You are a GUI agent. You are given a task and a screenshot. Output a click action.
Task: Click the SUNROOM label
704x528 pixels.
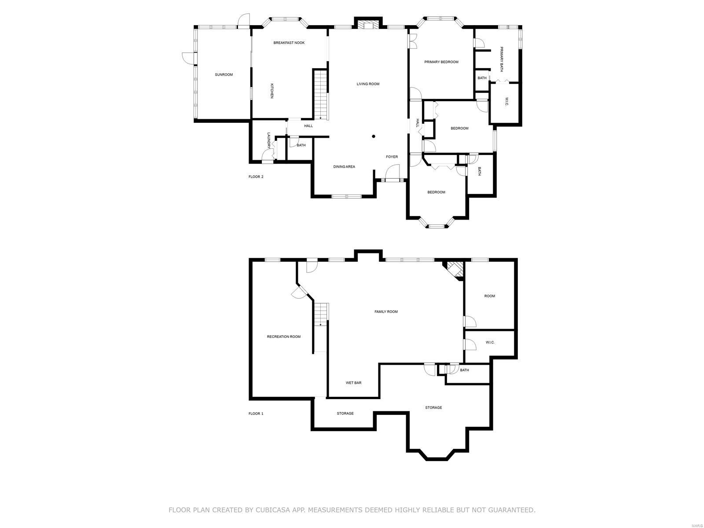[224, 75]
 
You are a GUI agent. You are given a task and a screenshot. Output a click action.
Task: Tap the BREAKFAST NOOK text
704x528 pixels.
[289, 43]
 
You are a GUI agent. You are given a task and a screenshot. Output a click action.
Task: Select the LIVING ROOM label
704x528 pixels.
[368, 84]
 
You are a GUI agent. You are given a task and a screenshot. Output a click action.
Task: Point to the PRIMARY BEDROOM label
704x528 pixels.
[441, 62]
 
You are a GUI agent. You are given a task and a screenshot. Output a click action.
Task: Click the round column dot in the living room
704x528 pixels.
[373, 136]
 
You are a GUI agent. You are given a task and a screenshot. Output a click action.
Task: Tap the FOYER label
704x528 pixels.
[392, 157]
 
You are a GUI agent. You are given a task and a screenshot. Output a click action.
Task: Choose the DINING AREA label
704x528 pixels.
[344, 167]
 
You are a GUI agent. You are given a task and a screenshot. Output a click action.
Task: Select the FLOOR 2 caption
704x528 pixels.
[256, 176]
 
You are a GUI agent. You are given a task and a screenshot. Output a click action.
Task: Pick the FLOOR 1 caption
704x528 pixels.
[256, 414]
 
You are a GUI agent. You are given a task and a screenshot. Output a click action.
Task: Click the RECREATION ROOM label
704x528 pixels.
[283, 337]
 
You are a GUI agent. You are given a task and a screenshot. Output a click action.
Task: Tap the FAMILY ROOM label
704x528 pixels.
[386, 312]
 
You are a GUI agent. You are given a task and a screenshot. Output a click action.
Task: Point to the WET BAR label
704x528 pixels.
[353, 383]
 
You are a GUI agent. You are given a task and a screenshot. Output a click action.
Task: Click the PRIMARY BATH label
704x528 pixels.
[501, 59]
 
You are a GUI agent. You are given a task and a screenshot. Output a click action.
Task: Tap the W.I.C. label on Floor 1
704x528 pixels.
[490, 342]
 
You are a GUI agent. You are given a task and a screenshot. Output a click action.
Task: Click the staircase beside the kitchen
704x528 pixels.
[320, 95]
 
